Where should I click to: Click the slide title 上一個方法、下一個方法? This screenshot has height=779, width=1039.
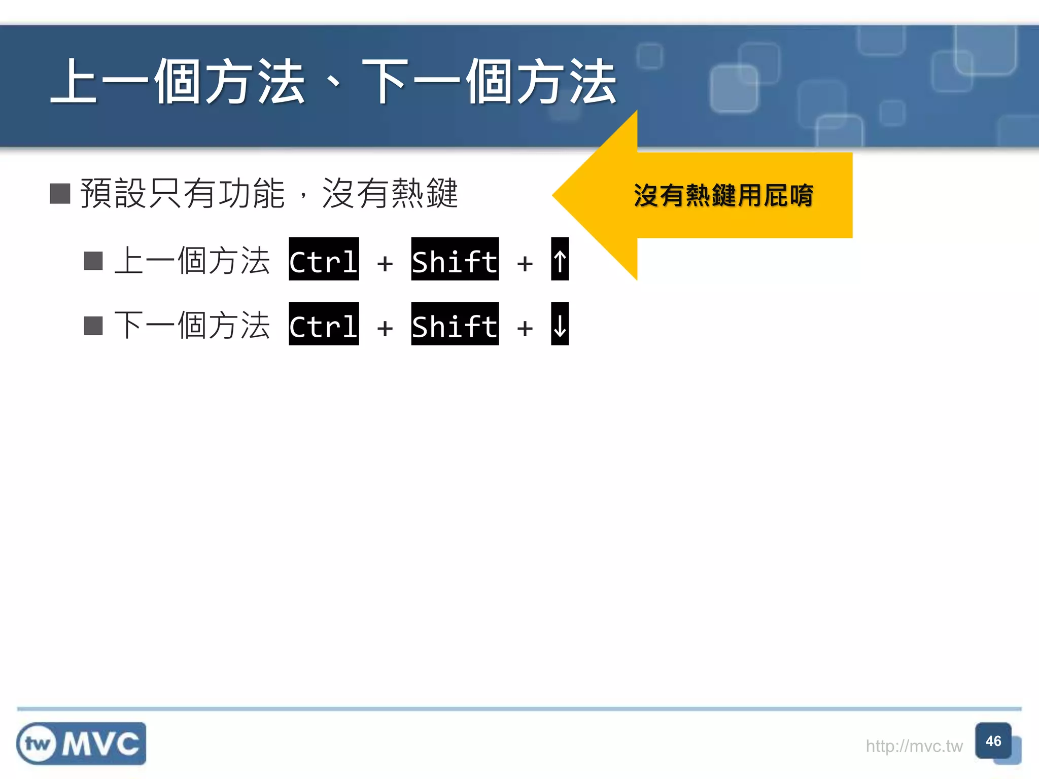click(334, 82)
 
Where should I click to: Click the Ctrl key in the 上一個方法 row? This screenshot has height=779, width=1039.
click(324, 259)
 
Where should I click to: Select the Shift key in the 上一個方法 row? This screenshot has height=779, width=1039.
click(455, 259)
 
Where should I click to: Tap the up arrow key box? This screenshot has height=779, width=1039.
click(560, 259)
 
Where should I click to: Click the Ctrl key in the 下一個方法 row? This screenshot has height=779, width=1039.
click(324, 324)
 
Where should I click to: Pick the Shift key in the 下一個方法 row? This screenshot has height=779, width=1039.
click(455, 324)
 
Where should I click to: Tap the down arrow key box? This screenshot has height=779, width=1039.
click(560, 324)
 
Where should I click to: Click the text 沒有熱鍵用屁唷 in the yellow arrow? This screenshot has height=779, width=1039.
click(723, 196)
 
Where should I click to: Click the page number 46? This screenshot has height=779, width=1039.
click(993, 741)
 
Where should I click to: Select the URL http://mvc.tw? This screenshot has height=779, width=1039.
click(914, 746)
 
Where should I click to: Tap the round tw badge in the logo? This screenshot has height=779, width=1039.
click(37, 744)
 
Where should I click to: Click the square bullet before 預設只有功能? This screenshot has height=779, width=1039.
click(60, 193)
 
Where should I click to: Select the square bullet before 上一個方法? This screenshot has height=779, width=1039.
click(93, 261)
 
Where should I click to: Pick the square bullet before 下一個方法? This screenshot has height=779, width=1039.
click(93, 326)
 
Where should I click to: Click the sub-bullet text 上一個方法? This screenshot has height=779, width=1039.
click(192, 261)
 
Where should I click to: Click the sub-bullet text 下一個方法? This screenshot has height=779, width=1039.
click(192, 326)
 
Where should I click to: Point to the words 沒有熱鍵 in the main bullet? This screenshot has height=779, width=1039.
click(390, 193)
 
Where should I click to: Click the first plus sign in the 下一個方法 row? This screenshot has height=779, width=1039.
click(385, 328)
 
